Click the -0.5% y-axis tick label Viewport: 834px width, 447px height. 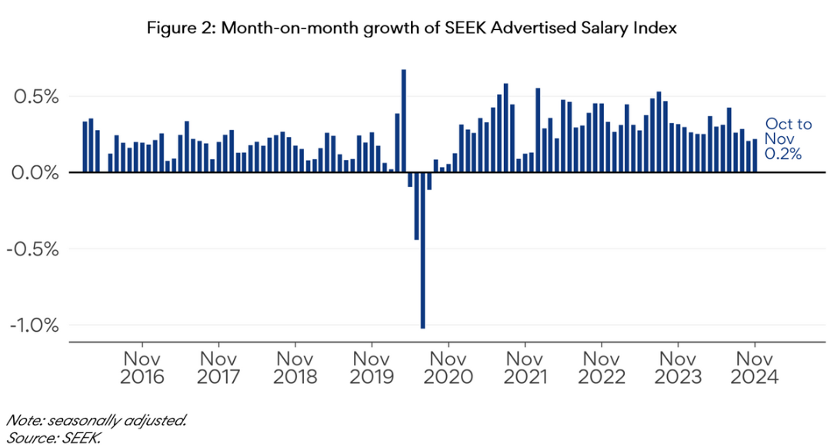click(35, 249)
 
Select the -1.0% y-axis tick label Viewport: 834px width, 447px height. click(35, 325)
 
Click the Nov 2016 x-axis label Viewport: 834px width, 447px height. click(142, 368)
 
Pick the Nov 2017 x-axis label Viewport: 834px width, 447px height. click(219, 368)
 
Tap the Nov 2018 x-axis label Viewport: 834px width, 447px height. click(295, 368)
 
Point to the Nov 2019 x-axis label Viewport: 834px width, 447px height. click(372, 368)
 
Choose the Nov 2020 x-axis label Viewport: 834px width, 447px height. click(449, 368)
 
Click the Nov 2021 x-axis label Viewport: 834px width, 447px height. click(525, 368)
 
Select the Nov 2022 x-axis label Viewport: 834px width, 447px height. click(602, 368)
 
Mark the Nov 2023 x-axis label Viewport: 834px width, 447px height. click(679, 368)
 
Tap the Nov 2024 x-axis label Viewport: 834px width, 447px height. click(755, 368)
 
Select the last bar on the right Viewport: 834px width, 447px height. click(755, 155)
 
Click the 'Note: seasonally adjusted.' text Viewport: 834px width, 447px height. click(96, 421)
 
